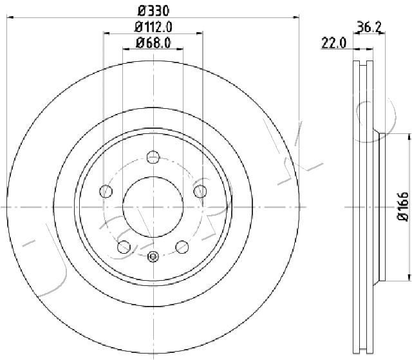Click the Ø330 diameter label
pos(153,11)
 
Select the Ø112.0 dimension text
pos(153,27)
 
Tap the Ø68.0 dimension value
pos(153,43)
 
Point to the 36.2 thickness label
pos(370,26)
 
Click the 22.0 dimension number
pos(334,43)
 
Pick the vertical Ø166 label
pos(403,207)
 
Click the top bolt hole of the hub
pos(153,157)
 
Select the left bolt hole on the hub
pos(106,191)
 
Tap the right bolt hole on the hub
pos(200,191)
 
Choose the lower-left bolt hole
pos(124,247)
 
